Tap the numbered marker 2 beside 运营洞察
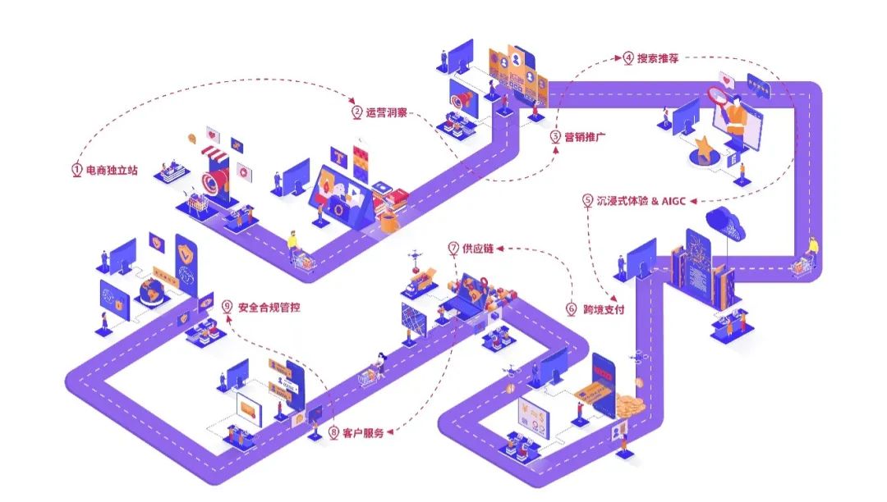pos(356,112)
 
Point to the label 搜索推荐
pos(657,58)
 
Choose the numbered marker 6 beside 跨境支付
pos(571,309)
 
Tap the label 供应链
pos(477,248)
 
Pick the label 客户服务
pos(362,432)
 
